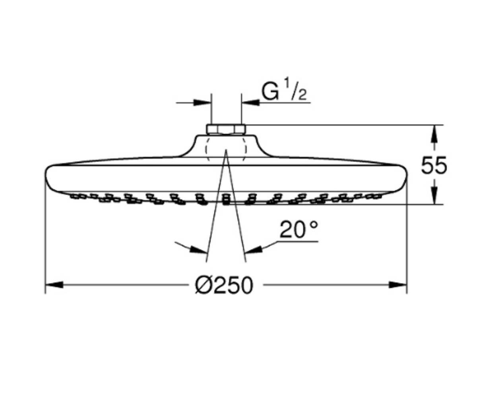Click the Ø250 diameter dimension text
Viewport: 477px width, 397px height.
click(224, 285)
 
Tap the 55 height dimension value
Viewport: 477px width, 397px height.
click(434, 166)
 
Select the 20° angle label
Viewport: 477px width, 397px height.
click(299, 229)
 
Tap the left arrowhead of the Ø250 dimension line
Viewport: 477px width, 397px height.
click(54, 285)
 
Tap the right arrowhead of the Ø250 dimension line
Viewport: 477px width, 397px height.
click(398, 285)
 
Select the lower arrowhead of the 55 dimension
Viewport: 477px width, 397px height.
click(434, 196)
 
